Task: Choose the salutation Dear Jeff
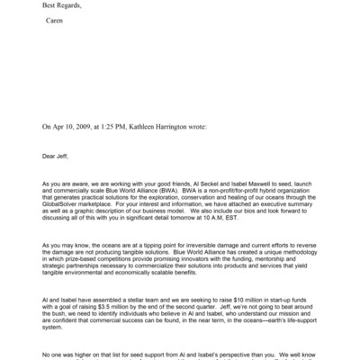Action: pyautogui.click(x=55, y=156)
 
